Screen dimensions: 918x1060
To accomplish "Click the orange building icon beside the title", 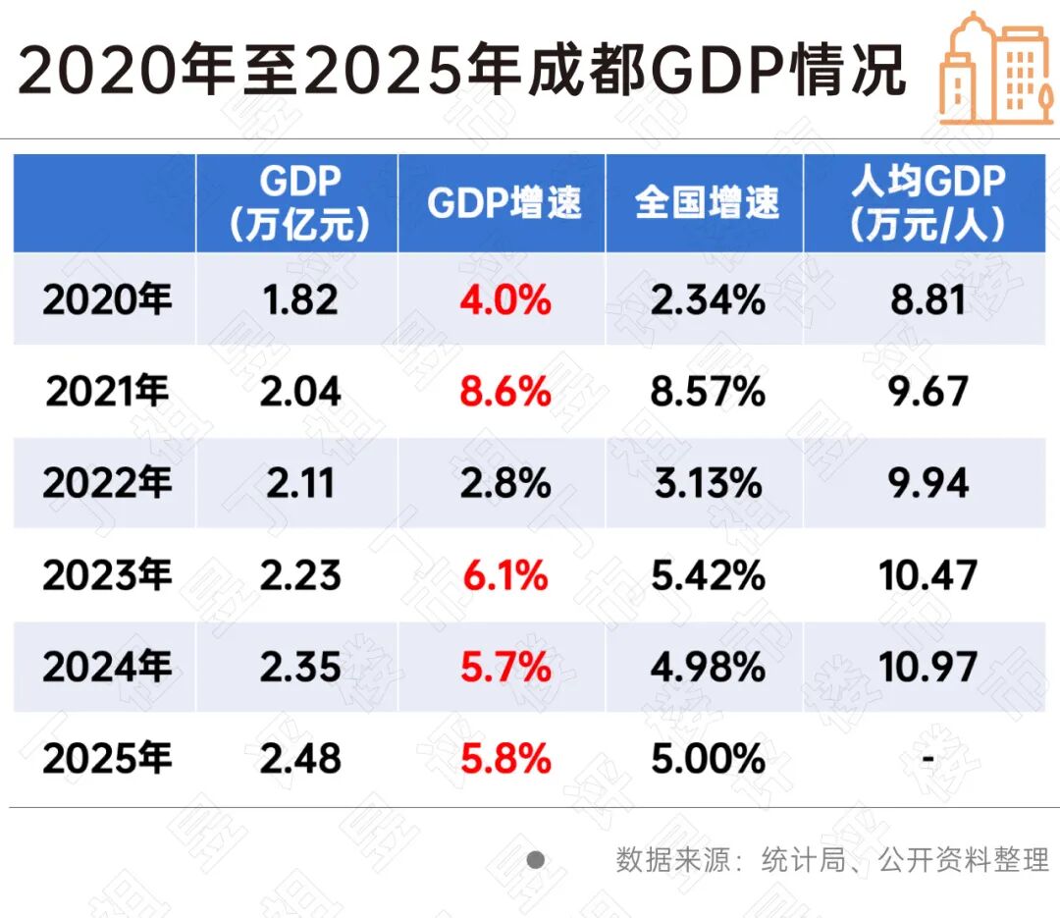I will [993, 69].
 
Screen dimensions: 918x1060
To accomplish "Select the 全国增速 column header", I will [707, 203].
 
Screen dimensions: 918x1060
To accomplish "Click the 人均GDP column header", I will [927, 203].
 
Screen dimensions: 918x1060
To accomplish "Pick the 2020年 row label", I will [106, 299].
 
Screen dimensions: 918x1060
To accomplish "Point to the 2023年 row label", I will [106, 575].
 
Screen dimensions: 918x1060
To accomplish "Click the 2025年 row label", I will [106, 759].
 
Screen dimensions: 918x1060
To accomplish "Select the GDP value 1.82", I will [300, 299].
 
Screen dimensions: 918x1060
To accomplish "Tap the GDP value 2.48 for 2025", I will [300, 759].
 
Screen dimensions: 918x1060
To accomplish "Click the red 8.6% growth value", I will [505, 392].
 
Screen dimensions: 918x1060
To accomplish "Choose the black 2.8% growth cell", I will [505, 483].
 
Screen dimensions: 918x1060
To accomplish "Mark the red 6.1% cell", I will [505, 575].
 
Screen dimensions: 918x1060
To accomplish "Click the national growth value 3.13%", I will [708, 483].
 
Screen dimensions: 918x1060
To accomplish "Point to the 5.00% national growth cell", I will [708, 759].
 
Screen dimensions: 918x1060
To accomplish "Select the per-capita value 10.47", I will [927, 575].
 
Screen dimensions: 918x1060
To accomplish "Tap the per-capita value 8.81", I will [927, 299].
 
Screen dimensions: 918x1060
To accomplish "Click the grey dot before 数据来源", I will [535, 861].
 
